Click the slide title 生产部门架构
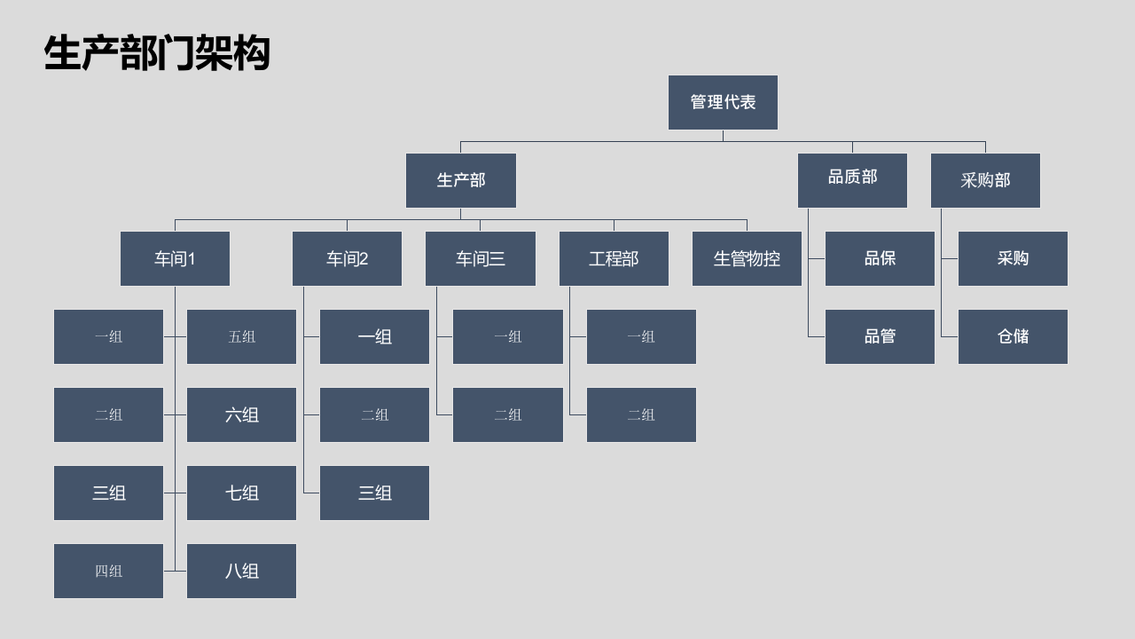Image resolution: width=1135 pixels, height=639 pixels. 157,52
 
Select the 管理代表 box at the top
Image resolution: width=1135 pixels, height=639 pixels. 723,102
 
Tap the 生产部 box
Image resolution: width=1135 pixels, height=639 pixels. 460,180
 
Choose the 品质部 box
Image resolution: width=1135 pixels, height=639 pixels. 852,180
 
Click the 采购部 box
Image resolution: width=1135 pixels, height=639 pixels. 985,180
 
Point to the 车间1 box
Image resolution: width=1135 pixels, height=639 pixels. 175,258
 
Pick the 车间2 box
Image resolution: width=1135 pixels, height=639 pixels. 347,258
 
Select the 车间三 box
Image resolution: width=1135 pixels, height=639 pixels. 481,258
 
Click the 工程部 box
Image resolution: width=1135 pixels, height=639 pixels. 614,258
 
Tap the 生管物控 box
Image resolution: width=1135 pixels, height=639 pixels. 747,258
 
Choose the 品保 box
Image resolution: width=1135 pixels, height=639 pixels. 880,258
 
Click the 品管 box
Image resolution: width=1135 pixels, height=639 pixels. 880,336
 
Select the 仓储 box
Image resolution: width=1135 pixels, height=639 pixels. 1013,336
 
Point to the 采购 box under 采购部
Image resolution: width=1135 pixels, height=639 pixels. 1013,258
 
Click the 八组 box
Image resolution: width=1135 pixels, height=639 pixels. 241,571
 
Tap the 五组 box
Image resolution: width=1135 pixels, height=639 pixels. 241,336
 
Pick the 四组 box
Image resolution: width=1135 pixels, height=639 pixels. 108,571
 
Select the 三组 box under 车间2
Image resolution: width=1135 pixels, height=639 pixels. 374,493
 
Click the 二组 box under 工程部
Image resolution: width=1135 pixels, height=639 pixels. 641,414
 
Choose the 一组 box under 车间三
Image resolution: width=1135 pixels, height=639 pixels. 508,336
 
